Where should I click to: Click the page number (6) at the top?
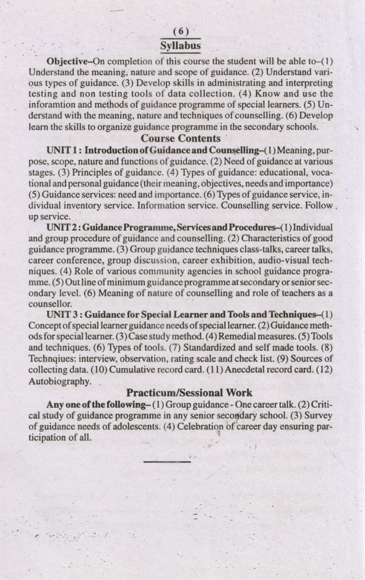[x=180, y=31]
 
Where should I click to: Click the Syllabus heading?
[x=180, y=46]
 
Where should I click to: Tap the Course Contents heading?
[x=181, y=138]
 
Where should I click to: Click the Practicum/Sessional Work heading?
[x=189, y=393]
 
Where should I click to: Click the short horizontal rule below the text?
[x=167, y=462]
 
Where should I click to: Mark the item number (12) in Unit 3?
[x=325, y=370]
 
